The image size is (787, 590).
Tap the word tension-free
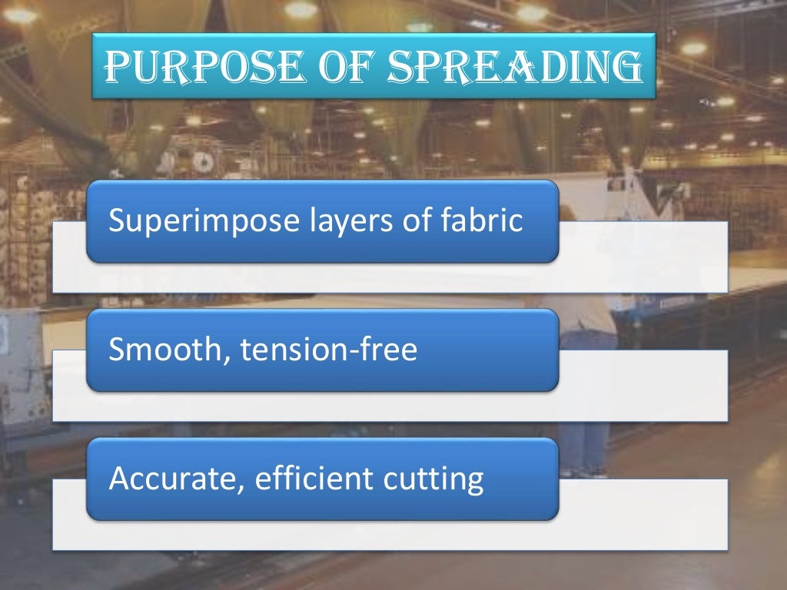click(328, 350)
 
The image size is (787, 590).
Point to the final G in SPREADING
click(626, 67)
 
